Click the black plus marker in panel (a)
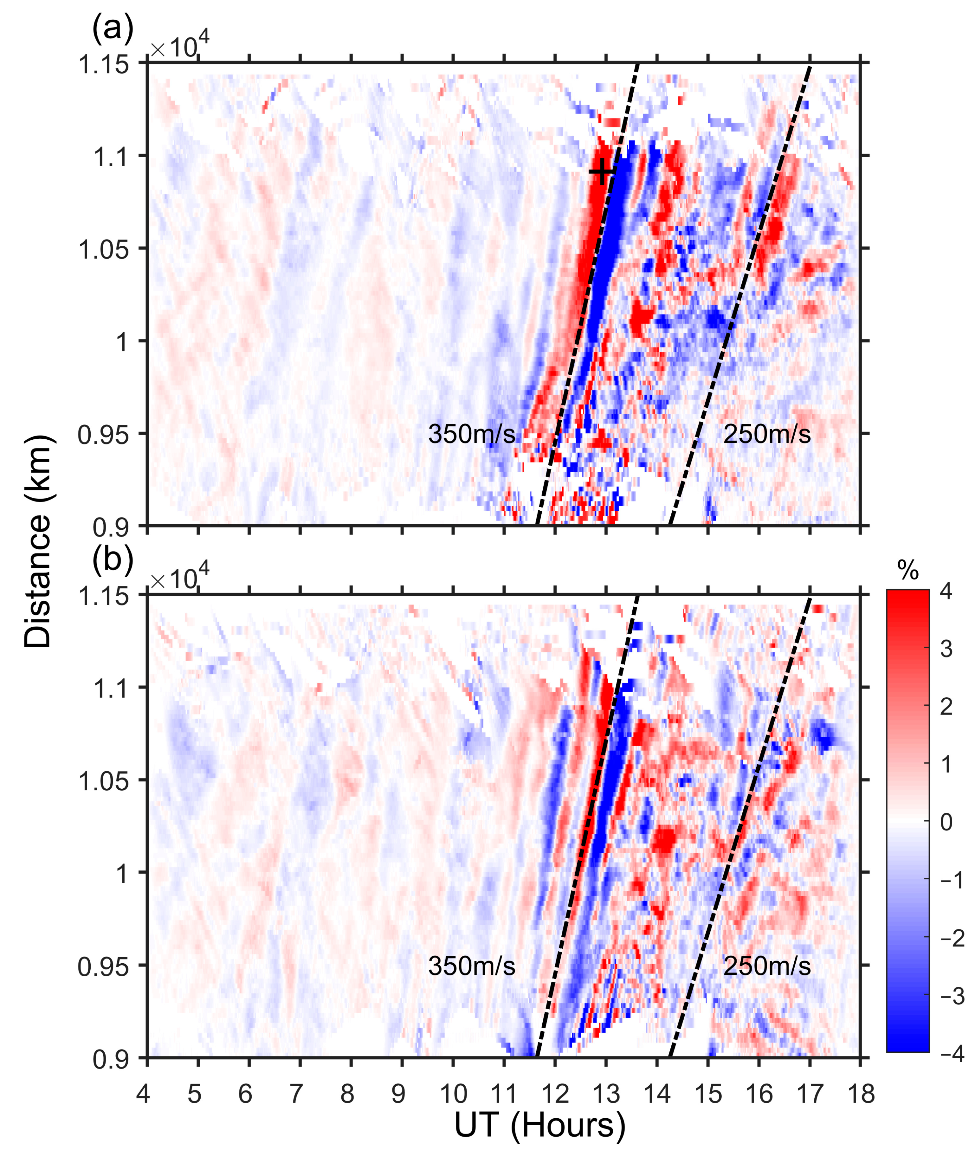[601, 172]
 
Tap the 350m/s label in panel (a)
[471, 434]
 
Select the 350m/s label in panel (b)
[471, 966]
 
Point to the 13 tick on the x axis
[606, 1093]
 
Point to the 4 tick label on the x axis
[143, 1093]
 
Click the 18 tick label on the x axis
[861, 1093]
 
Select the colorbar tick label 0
[946, 822]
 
